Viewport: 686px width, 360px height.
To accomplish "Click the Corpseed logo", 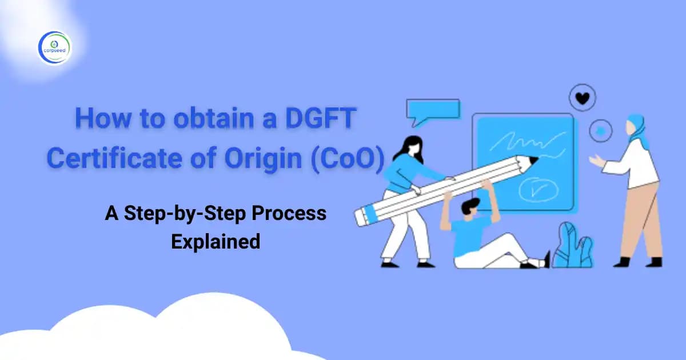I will point(54,48).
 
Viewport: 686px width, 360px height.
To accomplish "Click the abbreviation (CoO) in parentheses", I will point(348,158).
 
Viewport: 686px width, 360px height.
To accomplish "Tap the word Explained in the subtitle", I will point(216,241).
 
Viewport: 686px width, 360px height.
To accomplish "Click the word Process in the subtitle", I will point(291,214).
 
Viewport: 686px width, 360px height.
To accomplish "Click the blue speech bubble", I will point(432,110).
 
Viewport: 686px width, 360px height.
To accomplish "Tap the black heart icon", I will point(583,99).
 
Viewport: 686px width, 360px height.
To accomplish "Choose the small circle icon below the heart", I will point(601,130).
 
